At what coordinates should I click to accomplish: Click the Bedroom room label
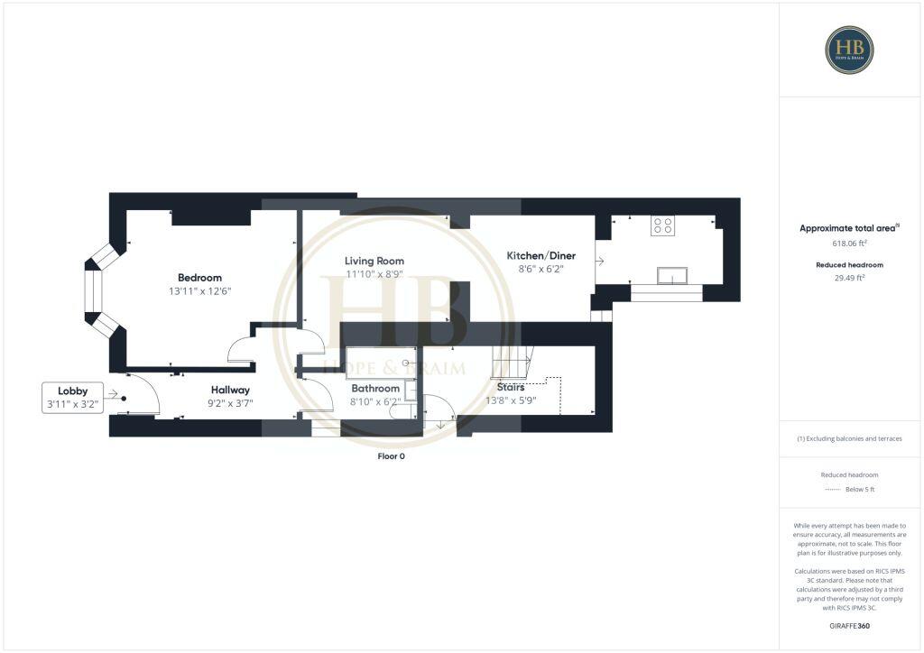(199, 277)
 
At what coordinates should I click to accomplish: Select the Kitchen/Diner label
(541, 255)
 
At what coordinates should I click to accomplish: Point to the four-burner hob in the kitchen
(663, 225)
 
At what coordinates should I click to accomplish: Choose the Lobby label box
(72, 398)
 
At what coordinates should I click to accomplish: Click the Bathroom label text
(375, 388)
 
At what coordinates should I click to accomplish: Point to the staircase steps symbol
(511, 364)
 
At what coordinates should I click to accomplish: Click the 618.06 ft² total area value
(848, 244)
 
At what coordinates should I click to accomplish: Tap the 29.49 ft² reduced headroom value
(848, 279)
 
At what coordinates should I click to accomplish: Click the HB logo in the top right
(849, 50)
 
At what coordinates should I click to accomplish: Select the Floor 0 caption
(391, 456)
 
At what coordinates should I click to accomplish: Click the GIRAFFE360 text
(850, 625)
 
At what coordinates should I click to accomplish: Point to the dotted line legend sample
(833, 489)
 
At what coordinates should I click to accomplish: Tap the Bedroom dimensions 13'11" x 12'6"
(199, 291)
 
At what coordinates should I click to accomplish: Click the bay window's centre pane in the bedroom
(91, 291)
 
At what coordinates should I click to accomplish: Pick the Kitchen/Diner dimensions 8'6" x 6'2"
(541, 270)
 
